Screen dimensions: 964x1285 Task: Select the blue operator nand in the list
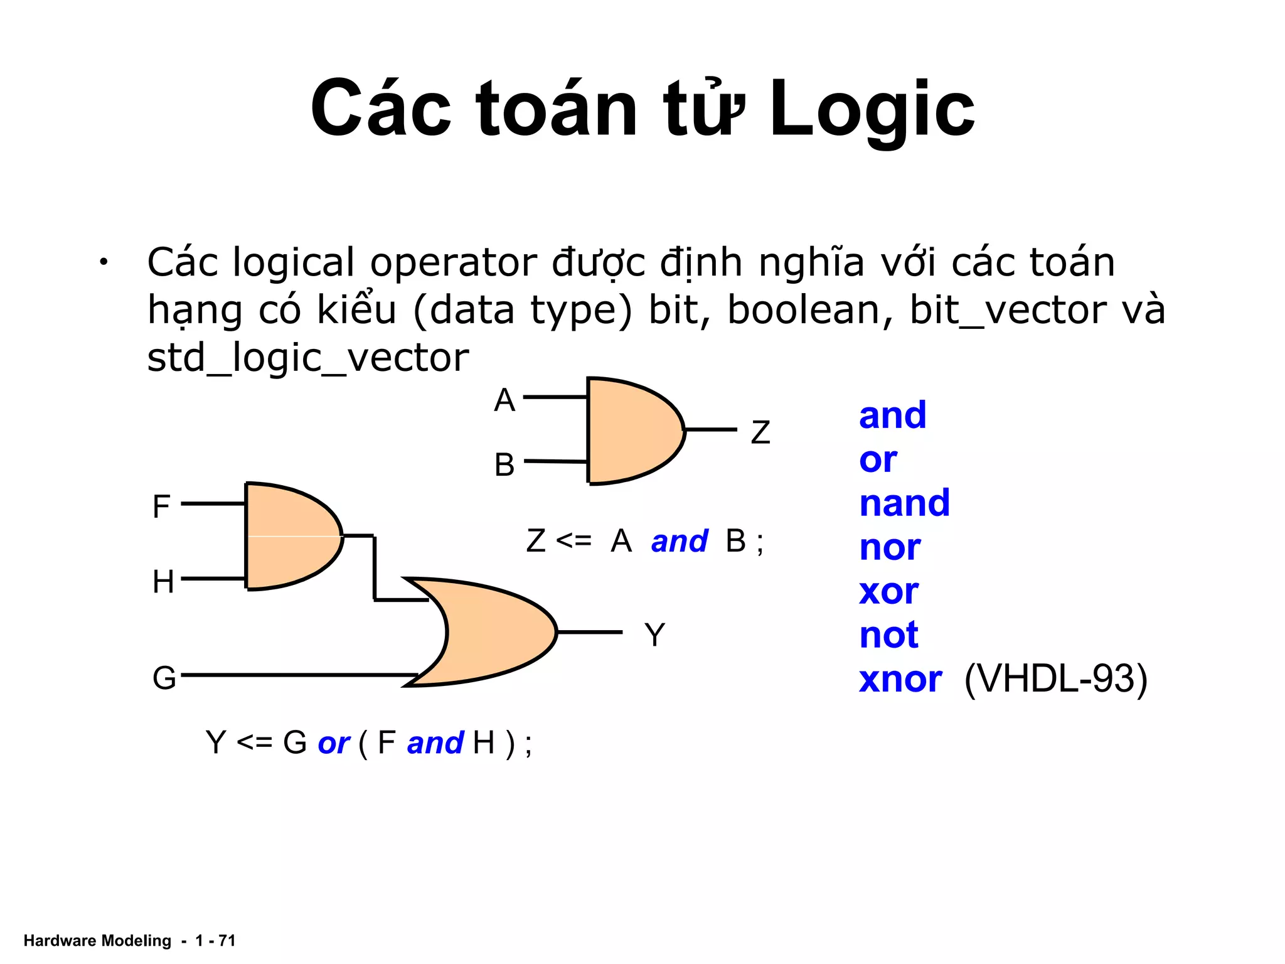[x=904, y=503]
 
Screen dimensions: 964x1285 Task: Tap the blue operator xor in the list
[x=888, y=592]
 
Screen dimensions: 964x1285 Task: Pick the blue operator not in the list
[x=888, y=635]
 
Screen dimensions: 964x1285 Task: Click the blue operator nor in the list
[x=889, y=548]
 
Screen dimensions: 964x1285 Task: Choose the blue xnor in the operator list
[x=900, y=680]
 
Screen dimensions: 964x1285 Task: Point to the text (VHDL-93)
[x=1055, y=680]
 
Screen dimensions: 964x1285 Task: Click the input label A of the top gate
[x=504, y=400]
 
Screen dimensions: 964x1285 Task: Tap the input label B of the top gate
[x=504, y=465]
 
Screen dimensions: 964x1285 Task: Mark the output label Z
[x=760, y=432]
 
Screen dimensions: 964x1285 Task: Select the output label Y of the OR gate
[x=654, y=635]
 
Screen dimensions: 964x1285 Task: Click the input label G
[x=164, y=678]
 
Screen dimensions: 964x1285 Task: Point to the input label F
[x=161, y=506]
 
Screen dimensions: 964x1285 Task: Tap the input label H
[x=163, y=582]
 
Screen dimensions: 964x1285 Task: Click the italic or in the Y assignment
[x=334, y=744]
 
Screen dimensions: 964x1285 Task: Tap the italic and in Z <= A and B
[x=679, y=542]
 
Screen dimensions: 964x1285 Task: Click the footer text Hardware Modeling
[x=97, y=941]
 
